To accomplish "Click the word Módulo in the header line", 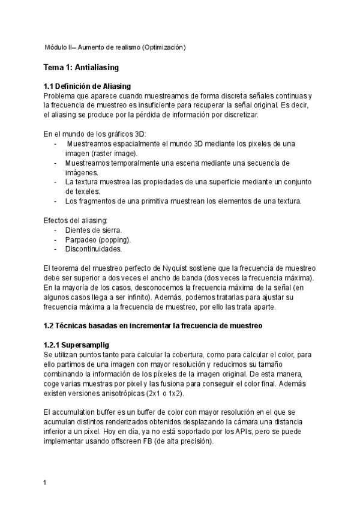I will tap(56, 47).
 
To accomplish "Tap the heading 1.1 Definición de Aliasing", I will tap(87, 86).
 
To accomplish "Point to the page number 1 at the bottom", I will tap(46, 483).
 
